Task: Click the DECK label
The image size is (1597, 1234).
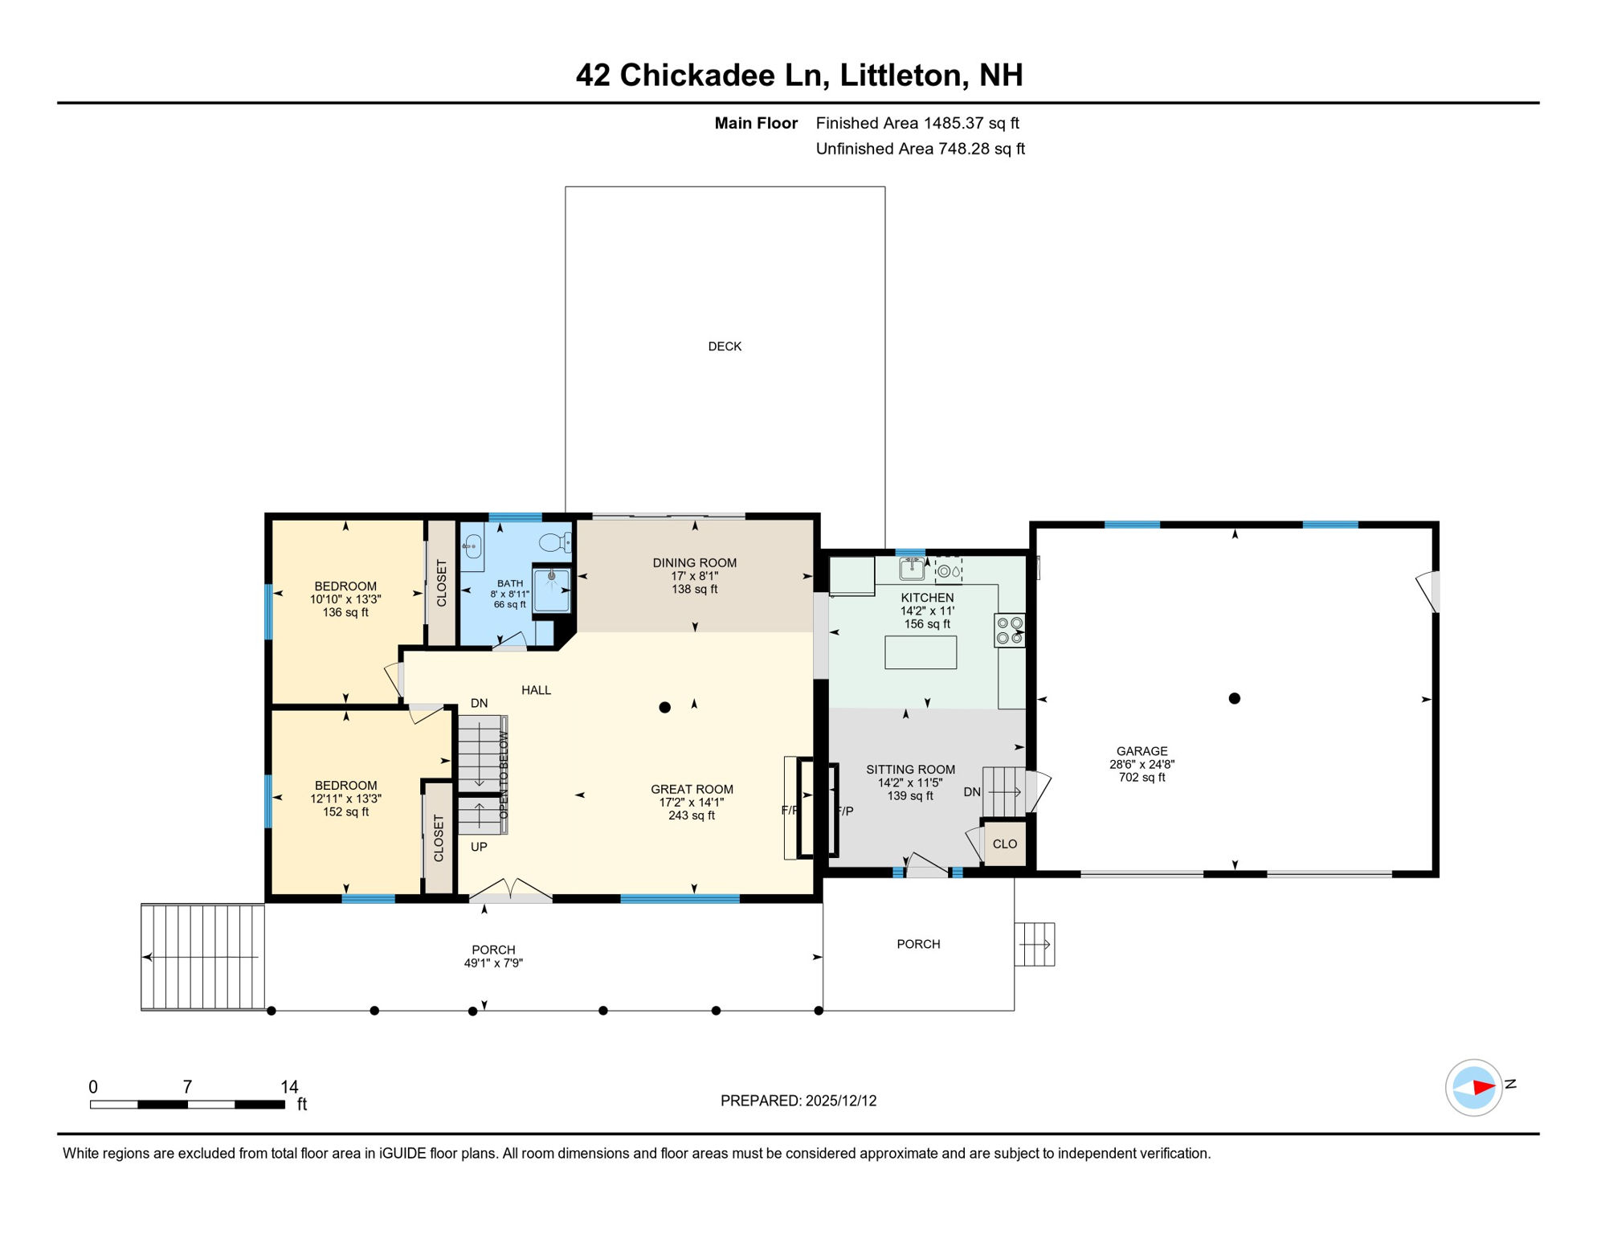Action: (724, 346)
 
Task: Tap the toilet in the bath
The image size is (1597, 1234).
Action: (555, 542)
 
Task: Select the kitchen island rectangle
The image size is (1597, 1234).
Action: (921, 652)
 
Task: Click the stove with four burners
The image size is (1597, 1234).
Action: (1010, 630)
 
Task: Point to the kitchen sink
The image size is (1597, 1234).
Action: (911, 568)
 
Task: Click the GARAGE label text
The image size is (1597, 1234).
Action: (1142, 751)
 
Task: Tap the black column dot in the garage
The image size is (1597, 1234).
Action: (1235, 698)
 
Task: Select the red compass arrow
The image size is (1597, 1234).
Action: (1483, 1088)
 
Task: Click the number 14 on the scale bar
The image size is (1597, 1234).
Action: (289, 1086)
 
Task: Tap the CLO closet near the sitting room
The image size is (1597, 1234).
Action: (1005, 844)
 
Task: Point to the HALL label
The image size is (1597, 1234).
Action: (536, 689)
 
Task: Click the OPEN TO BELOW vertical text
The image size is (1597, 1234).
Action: (504, 775)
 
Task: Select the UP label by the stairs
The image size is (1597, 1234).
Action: (479, 847)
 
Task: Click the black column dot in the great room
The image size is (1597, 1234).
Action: (664, 707)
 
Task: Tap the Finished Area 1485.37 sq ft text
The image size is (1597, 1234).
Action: (917, 123)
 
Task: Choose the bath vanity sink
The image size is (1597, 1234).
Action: (472, 546)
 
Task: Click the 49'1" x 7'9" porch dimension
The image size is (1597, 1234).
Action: (493, 962)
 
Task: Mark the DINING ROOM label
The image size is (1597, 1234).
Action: (694, 563)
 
